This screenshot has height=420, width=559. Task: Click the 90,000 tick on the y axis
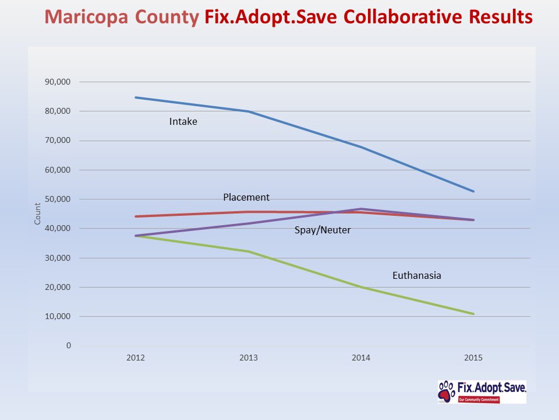58,82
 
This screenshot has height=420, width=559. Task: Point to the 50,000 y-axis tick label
58,199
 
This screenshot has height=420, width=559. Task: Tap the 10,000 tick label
58,316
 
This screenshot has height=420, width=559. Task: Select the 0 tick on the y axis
68,346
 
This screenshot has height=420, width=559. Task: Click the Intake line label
183,122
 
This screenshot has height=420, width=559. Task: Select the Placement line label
246,197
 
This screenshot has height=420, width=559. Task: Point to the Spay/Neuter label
322,230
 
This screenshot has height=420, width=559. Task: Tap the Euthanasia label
416,275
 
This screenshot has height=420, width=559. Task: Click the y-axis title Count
37,213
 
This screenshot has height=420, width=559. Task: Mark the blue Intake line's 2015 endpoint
473,191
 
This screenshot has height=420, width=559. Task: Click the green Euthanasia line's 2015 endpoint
473,314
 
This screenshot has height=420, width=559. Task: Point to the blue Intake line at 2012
136,97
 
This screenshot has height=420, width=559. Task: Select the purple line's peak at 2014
361,209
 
